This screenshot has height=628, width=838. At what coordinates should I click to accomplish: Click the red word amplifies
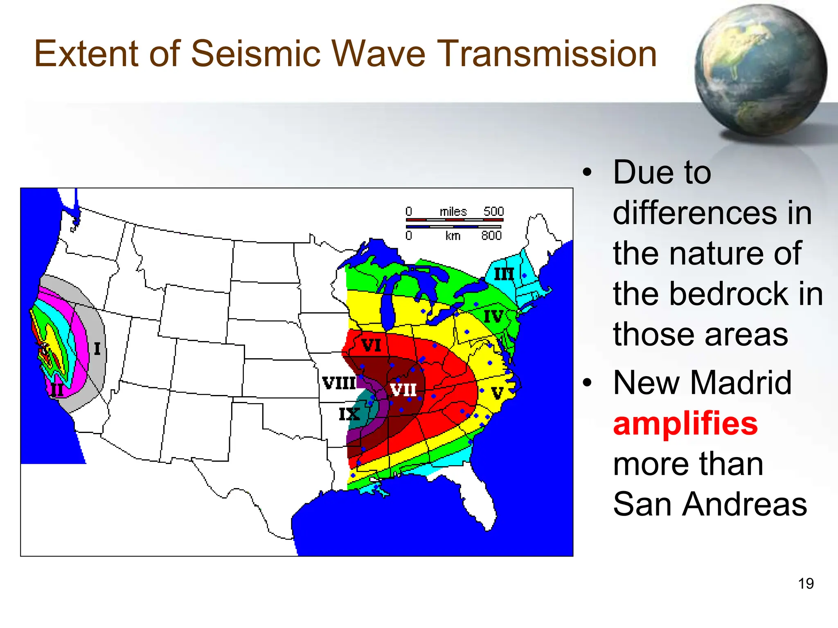coord(685,424)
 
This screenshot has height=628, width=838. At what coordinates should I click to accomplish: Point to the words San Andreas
coord(710,504)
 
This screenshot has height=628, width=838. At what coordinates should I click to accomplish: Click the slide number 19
coord(806,583)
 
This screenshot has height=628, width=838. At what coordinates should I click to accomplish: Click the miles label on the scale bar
coord(453,212)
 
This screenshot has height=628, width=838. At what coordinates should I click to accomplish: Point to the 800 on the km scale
coord(491,236)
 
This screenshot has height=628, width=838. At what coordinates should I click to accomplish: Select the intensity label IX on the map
coord(349,414)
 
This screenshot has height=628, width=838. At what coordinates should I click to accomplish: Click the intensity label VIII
coord(339,384)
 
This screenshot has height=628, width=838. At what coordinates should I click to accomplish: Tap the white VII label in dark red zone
coord(403,390)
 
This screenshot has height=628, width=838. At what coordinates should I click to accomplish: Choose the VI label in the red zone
coord(371,346)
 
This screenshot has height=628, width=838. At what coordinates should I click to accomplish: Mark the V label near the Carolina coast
coord(497,393)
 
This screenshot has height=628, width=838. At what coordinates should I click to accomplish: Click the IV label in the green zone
coord(493,316)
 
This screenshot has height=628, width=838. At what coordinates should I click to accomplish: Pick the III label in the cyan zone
coord(504,274)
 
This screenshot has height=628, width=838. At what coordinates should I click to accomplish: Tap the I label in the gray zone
coord(97,349)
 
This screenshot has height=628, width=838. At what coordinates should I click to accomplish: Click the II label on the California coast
coord(57,390)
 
